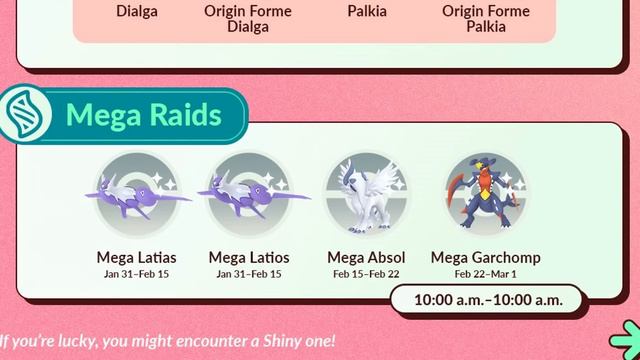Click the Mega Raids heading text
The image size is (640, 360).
click(143, 116)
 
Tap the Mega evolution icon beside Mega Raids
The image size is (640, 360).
click(23, 116)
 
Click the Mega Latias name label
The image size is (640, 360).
click(137, 258)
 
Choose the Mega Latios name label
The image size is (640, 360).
click(249, 258)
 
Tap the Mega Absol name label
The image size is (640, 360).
click(366, 258)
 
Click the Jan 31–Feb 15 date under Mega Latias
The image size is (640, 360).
click(137, 274)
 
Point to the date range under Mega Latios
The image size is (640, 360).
click(249, 274)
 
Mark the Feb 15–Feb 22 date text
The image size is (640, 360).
click(366, 274)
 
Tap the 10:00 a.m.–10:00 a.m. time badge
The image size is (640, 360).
click(487, 299)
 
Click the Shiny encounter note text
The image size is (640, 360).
click(168, 341)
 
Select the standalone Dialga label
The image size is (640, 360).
click(136, 12)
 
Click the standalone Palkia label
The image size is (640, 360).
click(368, 12)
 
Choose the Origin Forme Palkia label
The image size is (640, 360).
click(486, 19)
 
